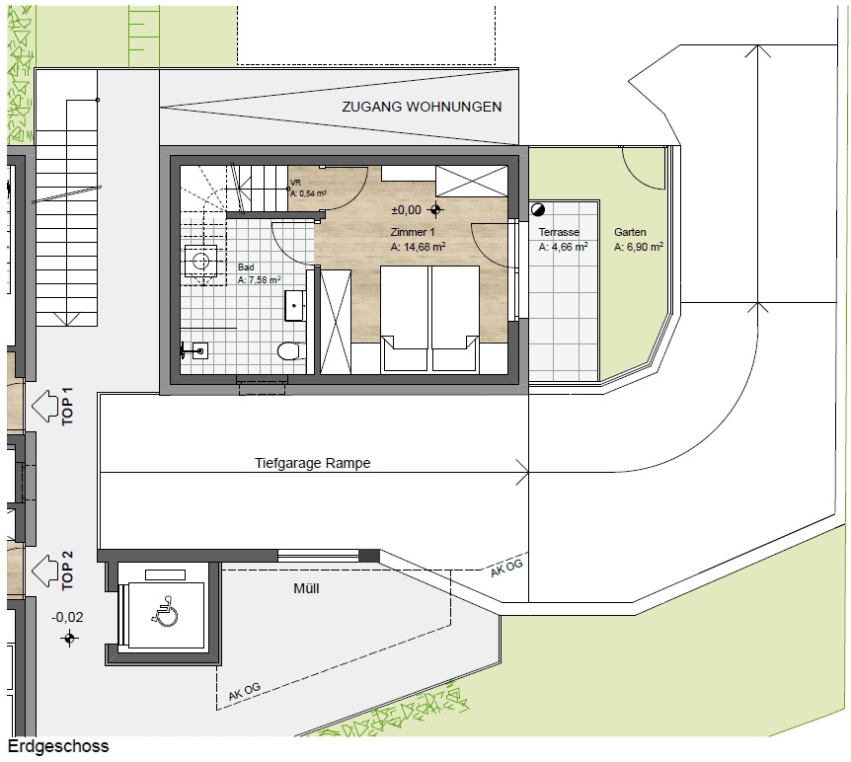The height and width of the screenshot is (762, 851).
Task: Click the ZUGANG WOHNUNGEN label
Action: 422,107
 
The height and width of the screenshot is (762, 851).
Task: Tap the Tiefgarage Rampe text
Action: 313,463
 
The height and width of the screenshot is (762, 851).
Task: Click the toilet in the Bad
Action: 288,350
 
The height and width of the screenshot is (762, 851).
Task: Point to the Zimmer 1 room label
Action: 413,232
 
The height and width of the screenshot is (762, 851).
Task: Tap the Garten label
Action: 630,232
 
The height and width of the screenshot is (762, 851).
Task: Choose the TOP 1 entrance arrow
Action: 44,406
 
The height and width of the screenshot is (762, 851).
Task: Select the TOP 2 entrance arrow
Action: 44,571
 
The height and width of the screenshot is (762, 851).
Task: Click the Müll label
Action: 306,588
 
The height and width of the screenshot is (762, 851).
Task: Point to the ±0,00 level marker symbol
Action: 435,209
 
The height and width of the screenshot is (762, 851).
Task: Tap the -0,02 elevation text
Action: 67,617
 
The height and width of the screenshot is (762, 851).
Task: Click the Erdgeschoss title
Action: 58,746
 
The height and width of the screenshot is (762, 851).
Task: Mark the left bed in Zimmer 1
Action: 405,318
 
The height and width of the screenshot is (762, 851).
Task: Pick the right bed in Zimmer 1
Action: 455,318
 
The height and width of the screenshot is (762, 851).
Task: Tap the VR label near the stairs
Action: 296,183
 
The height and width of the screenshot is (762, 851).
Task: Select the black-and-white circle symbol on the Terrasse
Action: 538,209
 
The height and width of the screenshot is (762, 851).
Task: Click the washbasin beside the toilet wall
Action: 295,306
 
